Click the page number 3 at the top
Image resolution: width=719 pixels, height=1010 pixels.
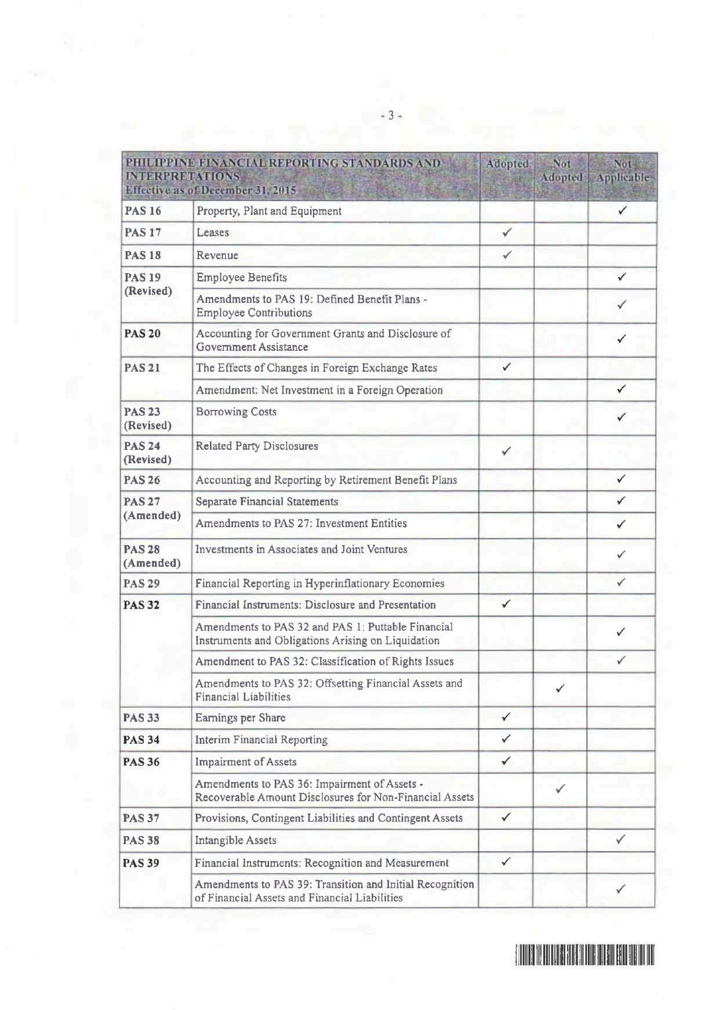click(391, 115)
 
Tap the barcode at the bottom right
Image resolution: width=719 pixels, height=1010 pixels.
click(584, 954)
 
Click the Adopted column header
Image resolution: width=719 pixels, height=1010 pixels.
click(507, 164)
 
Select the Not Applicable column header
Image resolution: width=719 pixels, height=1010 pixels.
click(622, 171)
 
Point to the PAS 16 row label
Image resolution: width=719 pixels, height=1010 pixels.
click(143, 211)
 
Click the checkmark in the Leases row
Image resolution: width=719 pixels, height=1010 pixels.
click(506, 233)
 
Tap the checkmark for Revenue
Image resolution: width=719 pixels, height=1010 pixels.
click(506, 255)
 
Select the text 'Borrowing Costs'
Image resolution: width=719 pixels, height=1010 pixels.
click(236, 412)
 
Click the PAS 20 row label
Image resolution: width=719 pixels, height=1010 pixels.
click(143, 333)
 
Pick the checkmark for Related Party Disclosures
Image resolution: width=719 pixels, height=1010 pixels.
click(506, 452)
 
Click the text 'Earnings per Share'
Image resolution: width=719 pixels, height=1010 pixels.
click(240, 718)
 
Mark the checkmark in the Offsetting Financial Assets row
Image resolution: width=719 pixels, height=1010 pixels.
click(560, 689)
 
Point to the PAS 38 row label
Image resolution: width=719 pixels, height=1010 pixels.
click(141, 840)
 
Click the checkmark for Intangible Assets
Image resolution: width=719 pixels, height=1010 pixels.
click(620, 839)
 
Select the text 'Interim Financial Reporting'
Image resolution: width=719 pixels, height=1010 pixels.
click(261, 740)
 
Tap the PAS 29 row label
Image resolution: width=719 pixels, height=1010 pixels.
click(141, 583)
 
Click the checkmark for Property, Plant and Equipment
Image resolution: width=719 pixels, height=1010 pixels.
click(622, 211)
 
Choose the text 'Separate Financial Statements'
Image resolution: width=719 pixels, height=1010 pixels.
click(267, 502)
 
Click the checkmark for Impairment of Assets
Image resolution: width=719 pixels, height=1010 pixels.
click(506, 761)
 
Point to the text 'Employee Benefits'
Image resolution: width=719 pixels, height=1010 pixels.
click(241, 277)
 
